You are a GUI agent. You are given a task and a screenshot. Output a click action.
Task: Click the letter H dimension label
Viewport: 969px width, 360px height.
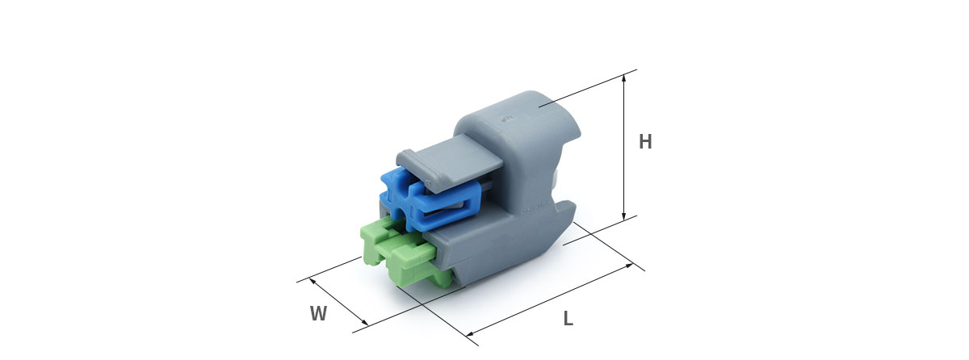pos(645,142)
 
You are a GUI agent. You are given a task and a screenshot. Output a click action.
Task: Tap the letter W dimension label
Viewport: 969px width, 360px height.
pos(318,313)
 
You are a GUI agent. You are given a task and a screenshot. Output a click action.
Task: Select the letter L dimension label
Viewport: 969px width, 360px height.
pos(568,319)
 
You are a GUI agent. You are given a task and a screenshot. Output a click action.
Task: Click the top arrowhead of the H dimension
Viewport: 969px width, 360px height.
pos(623,78)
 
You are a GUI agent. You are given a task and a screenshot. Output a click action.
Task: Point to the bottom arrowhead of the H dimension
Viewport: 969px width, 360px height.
pos(623,216)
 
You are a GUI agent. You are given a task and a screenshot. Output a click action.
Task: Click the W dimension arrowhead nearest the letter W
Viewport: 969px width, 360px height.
pos(365,322)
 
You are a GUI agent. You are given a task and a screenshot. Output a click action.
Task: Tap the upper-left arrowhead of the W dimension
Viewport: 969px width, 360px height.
pos(313,282)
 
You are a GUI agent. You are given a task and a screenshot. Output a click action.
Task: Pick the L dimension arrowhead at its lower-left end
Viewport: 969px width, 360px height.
pos(471,333)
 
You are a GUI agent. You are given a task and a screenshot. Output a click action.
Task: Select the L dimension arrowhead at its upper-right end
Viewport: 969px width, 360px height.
pos(628,266)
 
